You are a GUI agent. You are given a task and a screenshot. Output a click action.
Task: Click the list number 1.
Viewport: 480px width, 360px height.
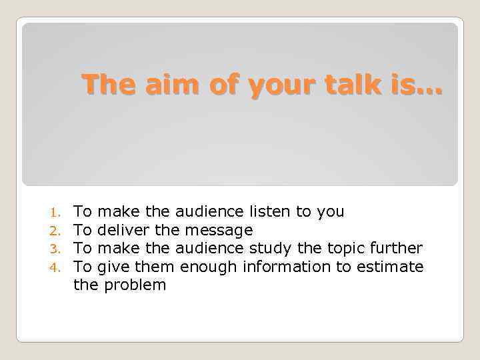pyautogui.click(x=58, y=213)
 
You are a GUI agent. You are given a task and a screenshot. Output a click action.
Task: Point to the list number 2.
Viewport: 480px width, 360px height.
pyautogui.click(x=58, y=231)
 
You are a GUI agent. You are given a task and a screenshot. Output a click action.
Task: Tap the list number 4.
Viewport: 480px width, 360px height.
pyautogui.click(x=58, y=267)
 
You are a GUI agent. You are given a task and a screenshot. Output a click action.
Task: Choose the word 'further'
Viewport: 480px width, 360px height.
pyautogui.click(x=397, y=249)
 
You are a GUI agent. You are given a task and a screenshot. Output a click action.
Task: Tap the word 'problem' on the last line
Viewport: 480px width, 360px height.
pyautogui.click(x=135, y=285)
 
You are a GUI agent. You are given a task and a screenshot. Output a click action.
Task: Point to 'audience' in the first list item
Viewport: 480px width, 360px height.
pyautogui.click(x=207, y=212)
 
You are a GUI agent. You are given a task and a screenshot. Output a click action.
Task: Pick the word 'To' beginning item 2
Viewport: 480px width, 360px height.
pyautogui.click(x=83, y=231)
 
